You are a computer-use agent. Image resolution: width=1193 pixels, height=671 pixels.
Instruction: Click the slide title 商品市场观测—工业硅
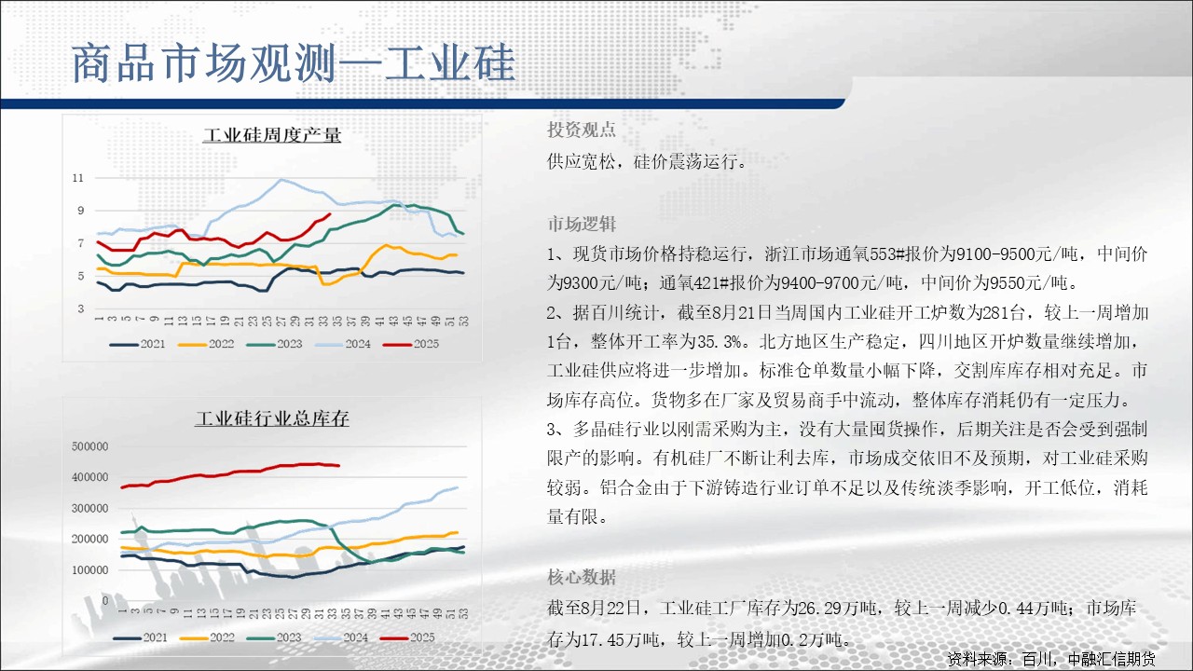click(x=294, y=63)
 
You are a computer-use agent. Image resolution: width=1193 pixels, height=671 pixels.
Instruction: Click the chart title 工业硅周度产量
click(x=271, y=135)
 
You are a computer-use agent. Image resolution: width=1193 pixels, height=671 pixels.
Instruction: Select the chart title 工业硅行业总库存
click(x=271, y=418)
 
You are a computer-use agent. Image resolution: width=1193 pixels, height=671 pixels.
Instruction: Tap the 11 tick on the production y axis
click(x=78, y=178)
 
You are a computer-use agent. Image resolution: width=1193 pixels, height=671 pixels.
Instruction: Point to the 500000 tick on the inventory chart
click(x=89, y=446)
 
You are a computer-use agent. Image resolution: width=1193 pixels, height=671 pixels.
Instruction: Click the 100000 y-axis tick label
click(x=89, y=569)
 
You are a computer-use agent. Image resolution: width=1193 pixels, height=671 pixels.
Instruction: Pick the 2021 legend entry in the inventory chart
click(x=141, y=637)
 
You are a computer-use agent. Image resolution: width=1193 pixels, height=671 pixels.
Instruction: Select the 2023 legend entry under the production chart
click(x=274, y=344)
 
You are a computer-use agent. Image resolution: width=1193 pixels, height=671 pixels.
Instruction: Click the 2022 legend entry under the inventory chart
click(x=207, y=637)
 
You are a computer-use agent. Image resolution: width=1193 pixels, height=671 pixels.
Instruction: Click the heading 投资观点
click(x=581, y=130)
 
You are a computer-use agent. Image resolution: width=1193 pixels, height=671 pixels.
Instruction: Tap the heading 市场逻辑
click(x=581, y=225)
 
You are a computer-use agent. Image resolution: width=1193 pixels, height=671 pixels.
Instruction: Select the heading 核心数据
click(x=581, y=577)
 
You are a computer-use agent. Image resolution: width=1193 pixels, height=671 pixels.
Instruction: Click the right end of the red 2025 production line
click(x=330, y=214)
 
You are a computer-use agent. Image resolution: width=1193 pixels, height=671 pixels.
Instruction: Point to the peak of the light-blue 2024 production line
click(x=281, y=180)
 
